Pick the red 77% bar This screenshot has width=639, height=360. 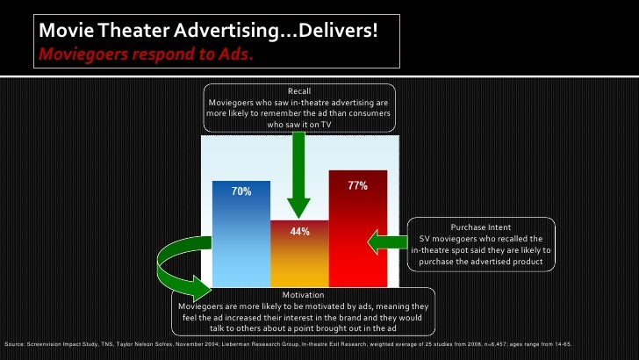pos(357,228)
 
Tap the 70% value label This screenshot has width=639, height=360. pos(241,191)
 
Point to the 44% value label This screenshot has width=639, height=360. pos(299,232)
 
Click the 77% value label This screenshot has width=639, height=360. pos(357,186)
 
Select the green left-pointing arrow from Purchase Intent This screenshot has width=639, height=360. pos(386,240)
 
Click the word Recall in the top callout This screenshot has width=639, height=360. pos(299,91)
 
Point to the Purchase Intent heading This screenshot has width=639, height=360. pos(481,227)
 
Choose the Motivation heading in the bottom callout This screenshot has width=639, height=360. pos(304,294)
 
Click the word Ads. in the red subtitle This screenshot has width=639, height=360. pos(238,54)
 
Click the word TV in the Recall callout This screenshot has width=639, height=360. pos(326,125)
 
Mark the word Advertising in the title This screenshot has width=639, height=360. pos(225,31)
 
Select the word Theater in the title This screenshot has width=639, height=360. pos(126,31)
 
